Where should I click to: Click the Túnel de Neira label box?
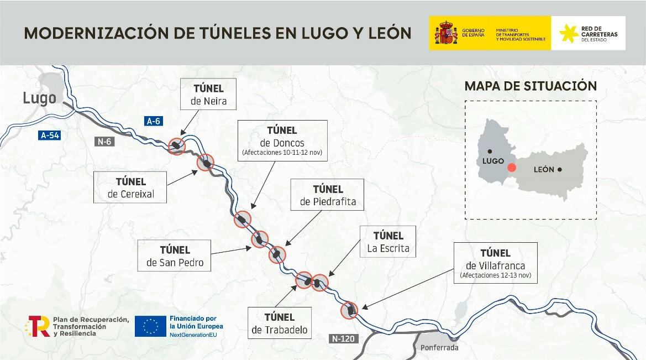point(209,95)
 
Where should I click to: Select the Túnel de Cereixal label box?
point(130,187)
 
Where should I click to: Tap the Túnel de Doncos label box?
point(282,140)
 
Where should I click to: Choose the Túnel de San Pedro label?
point(175,255)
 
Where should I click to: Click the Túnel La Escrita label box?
point(388,242)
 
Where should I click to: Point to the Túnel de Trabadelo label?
point(279,324)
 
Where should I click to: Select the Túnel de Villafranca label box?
point(495,263)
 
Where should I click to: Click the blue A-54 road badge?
point(50,135)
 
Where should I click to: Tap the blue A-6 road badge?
point(153,121)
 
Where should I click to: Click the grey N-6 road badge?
point(104,142)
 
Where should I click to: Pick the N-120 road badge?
point(343,338)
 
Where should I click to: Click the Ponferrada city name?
point(439,348)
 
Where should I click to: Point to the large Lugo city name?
point(39,98)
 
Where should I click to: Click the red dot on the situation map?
point(512,168)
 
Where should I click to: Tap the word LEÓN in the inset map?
point(544,169)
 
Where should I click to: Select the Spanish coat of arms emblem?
point(445,34)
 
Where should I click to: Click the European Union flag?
point(150,326)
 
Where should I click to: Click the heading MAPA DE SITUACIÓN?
point(531,86)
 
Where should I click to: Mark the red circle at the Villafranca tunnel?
point(349,310)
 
